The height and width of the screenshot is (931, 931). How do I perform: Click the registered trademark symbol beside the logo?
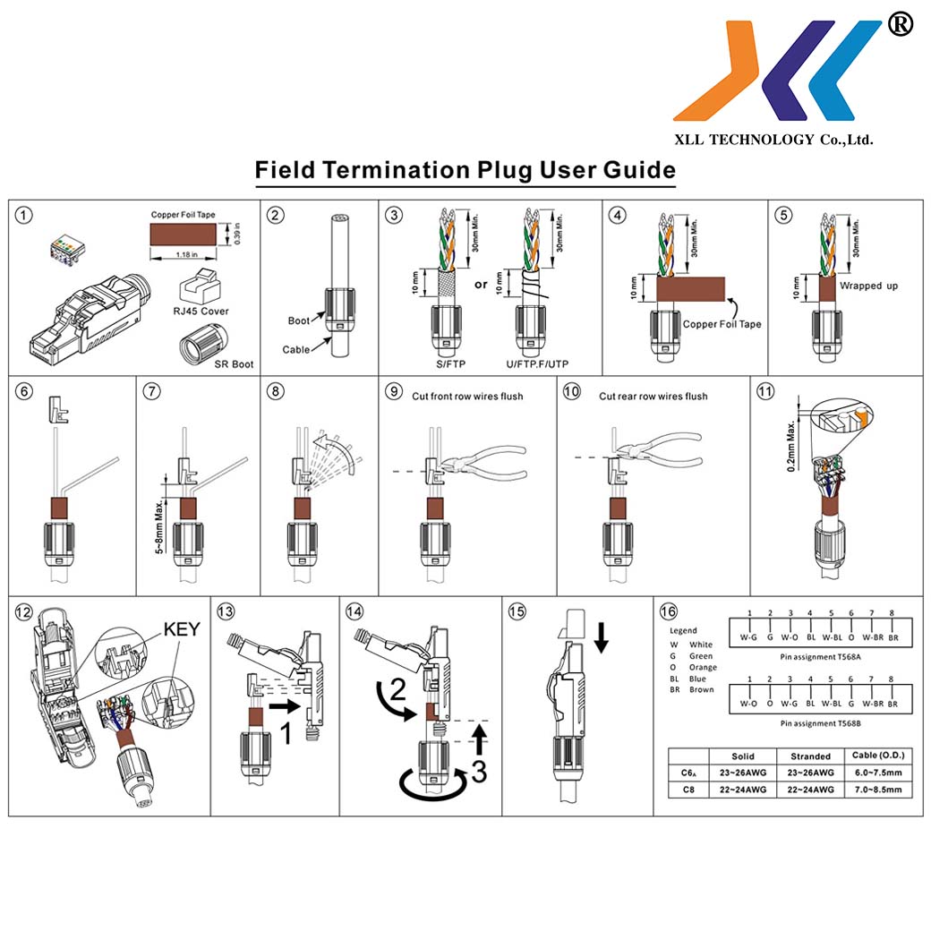[900, 25]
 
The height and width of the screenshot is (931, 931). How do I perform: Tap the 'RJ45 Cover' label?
[201, 311]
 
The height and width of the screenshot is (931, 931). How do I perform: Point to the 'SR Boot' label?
[232, 364]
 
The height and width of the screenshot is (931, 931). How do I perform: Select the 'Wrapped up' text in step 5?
[868, 286]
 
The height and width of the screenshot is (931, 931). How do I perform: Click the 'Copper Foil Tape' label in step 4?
[722, 324]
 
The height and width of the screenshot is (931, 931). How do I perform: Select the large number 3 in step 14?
[479, 770]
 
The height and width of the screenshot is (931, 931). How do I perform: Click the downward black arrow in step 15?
[602, 636]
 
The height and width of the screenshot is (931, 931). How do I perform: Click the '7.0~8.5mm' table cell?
[877, 790]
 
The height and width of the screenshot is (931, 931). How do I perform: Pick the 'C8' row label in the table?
[688, 790]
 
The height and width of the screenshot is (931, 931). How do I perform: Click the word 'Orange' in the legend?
[703, 667]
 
